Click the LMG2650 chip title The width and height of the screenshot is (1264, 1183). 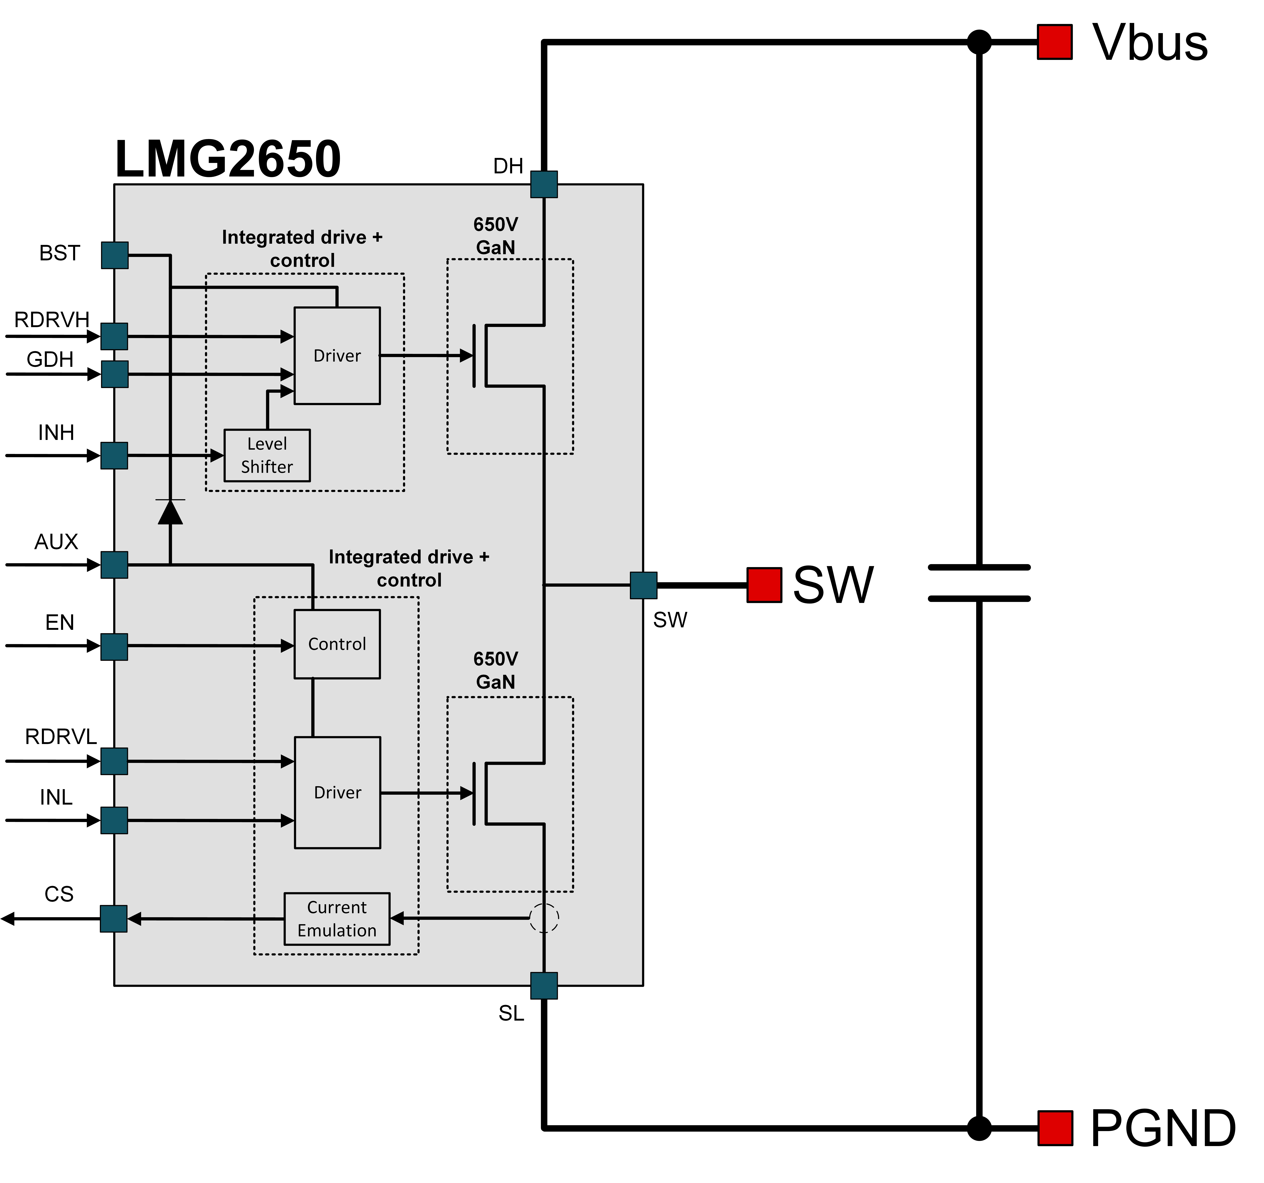228,159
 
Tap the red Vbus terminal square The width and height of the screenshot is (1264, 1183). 1055,43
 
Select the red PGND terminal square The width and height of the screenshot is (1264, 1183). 1055,1128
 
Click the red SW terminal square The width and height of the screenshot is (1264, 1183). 764,585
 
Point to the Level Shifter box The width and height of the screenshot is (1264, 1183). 267,455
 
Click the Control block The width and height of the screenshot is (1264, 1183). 337,644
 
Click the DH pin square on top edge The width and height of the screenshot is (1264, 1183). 544,184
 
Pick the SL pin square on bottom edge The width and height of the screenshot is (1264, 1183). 544,986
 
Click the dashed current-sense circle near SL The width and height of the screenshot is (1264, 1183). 544,918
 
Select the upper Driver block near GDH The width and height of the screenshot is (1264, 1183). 337,355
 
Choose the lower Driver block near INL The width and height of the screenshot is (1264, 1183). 337,792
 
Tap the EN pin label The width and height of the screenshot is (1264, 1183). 60,622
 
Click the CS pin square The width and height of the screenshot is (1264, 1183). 114,919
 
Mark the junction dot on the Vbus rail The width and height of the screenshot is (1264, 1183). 979,43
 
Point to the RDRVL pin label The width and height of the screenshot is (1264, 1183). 60,737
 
